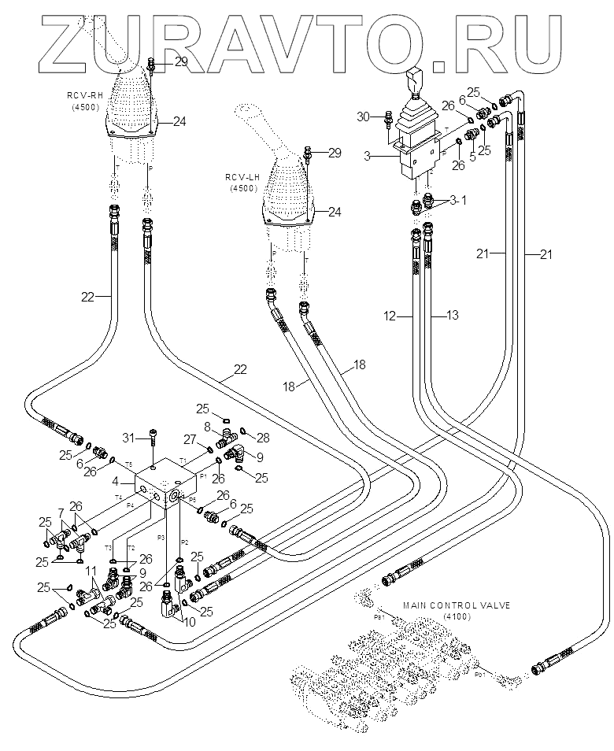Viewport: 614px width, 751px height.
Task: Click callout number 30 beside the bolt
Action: [362, 117]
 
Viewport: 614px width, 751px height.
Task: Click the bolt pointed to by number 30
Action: [387, 122]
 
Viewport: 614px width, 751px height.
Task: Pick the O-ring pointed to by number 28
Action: [242, 430]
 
